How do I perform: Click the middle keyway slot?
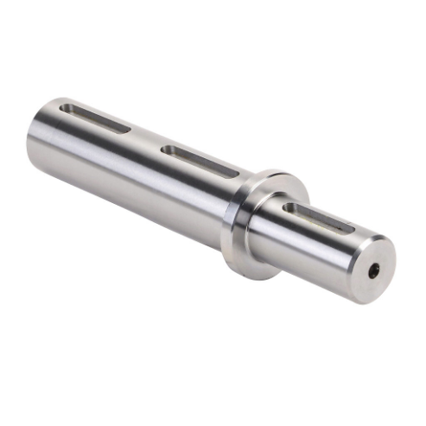pyautogui.click(x=199, y=162)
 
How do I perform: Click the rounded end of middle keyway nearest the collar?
pyautogui.click(x=230, y=174)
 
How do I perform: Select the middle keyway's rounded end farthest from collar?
pyautogui.click(x=168, y=150)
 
